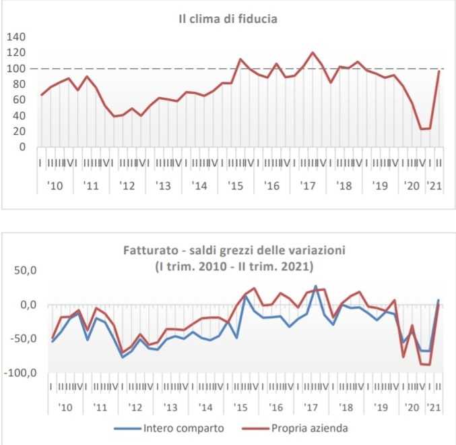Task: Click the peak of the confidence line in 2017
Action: (313, 53)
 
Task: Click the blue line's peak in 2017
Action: (316, 286)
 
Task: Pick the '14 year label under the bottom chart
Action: (205, 409)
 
